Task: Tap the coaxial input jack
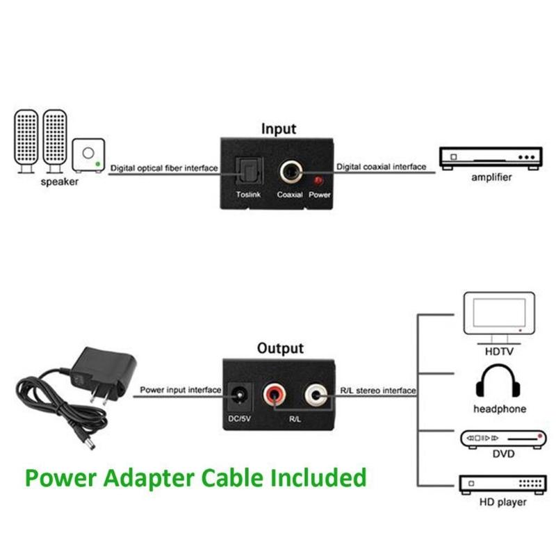289,172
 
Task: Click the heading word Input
278,129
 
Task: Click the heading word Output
280,348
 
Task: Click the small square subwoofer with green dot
88,156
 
